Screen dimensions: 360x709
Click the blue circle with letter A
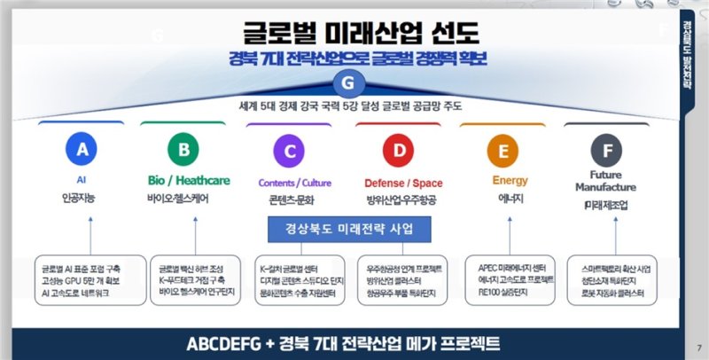tap(82, 152)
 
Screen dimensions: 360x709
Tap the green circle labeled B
tap(183, 152)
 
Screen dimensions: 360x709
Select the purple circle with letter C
tap(287, 152)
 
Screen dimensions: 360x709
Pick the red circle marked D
tap(399, 152)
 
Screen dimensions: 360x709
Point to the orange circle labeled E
tap(503, 152)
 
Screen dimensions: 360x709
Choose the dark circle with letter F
tap(607, 152)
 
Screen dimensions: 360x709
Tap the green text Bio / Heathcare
tap(189, 181)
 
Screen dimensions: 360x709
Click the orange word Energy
tap(510, 181)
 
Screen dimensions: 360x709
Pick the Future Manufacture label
tap(605, 181)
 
